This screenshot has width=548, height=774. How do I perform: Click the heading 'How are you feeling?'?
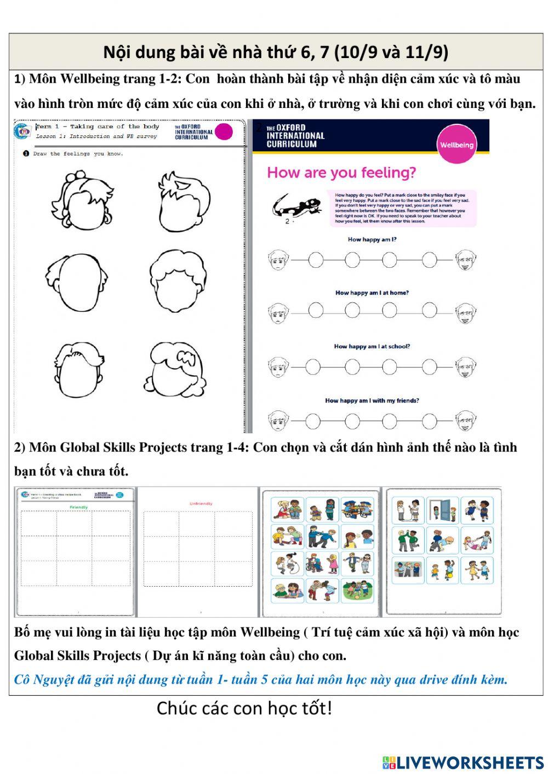[x=341, y=173]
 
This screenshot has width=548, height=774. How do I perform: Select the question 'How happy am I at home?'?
[x=372, y=293]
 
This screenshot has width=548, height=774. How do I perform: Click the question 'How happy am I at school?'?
[x=372, y=347]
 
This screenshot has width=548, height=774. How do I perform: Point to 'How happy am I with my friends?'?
[x=372, y=401]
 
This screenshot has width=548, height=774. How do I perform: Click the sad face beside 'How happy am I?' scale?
[x=278, y=260]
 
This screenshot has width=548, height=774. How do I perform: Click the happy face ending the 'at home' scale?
[x=465, y=313]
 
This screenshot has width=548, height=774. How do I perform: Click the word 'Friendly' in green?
[x=78, y=508]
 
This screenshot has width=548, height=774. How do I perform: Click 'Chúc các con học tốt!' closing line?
[x=244, y=708]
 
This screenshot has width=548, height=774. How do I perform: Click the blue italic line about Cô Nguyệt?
[x=261, y=680]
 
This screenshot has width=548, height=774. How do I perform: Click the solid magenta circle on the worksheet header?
[x=224, y=132]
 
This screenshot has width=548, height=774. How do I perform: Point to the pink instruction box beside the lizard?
[x=401, y=208]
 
